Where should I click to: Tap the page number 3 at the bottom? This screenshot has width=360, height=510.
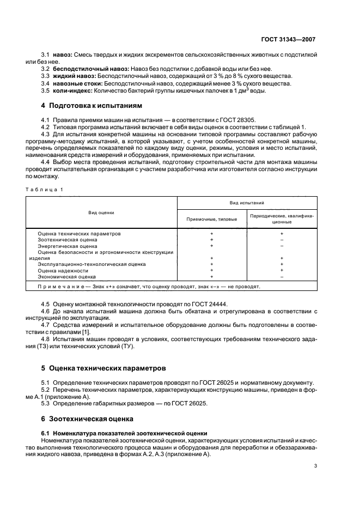(x=315, y=466)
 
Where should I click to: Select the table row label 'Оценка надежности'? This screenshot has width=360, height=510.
(x=63, y=270)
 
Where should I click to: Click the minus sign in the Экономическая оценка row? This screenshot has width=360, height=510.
(x=282, y=277)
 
